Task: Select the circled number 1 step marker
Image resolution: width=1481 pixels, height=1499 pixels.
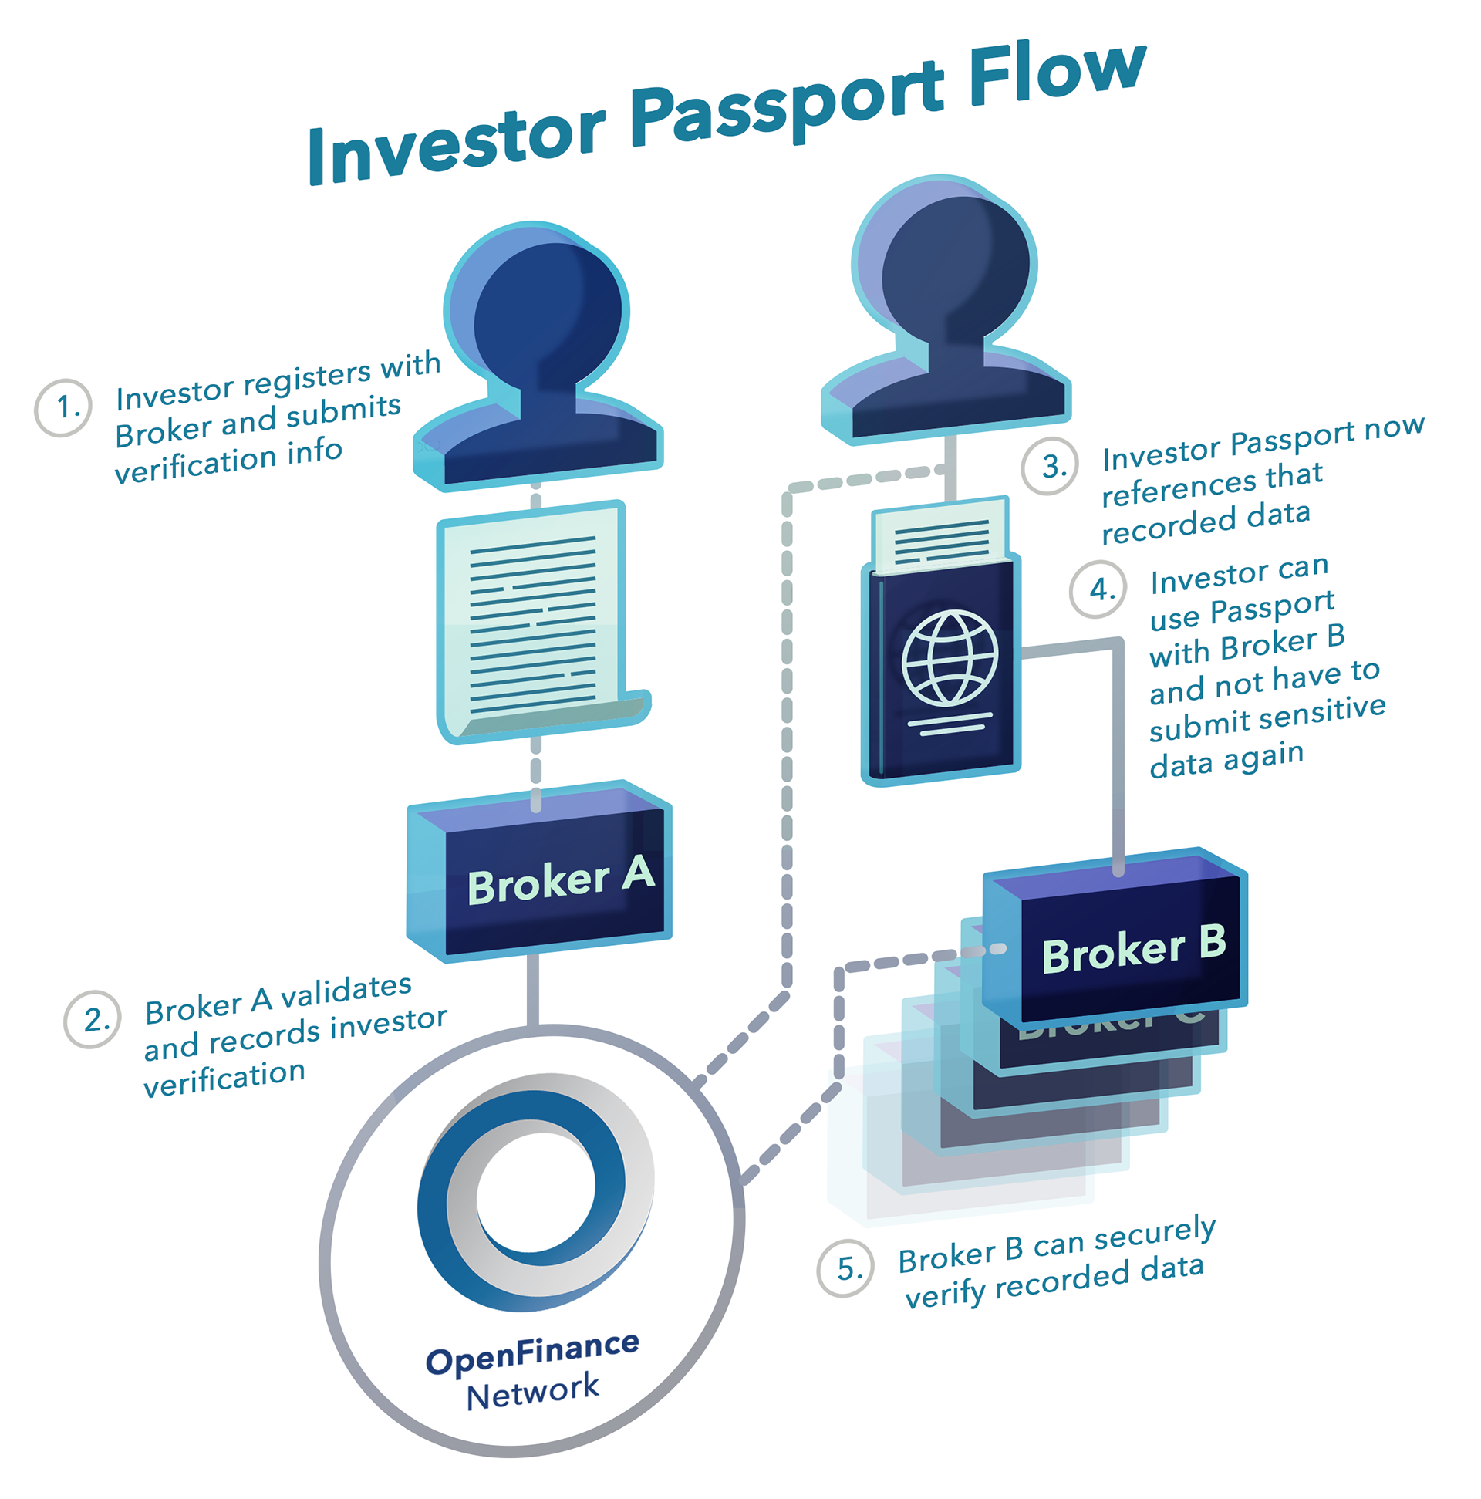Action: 62,407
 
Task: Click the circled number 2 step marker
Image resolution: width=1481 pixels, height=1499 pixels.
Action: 93,1019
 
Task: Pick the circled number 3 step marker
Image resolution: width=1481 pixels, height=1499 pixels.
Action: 1048,466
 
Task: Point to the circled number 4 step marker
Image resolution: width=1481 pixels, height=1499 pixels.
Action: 1096,589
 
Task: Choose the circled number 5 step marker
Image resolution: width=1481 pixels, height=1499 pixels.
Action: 845,1268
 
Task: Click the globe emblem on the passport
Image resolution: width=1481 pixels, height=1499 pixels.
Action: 949,657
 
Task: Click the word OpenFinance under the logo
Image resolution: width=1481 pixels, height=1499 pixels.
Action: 532,1354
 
